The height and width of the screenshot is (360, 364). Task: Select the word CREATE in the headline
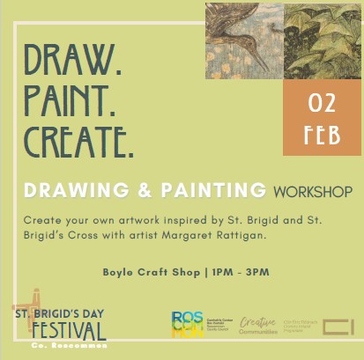(79, 140)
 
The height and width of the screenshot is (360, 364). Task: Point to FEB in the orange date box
(322, 133)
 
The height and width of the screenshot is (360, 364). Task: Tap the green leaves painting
(323, 40)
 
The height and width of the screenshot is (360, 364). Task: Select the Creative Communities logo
(259, 327)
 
